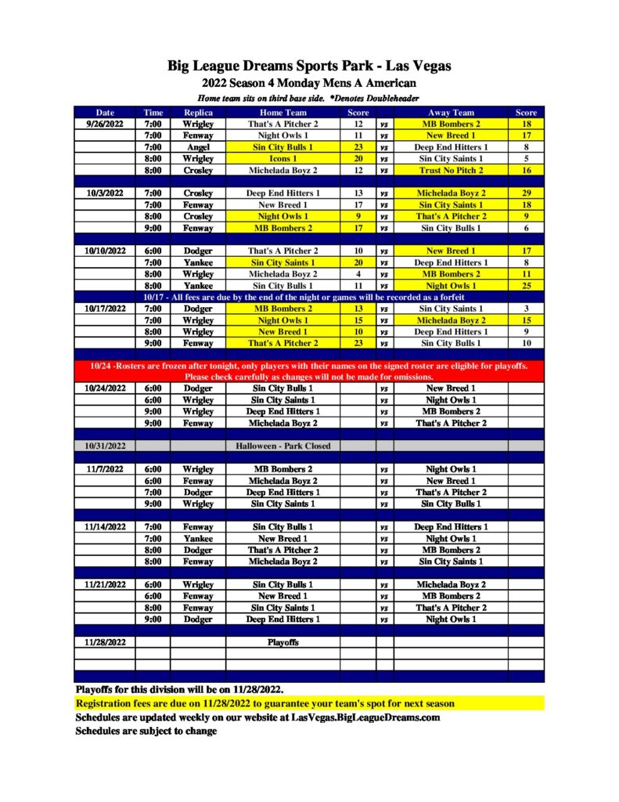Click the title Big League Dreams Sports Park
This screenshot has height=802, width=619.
click(309, 66)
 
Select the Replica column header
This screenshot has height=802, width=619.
click(198, 113)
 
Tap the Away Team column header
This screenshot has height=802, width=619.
click(452, 113)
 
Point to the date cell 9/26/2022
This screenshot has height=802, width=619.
click(106, 124)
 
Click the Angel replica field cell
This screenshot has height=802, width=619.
click(198, 146)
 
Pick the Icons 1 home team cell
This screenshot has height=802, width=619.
click(283, 158)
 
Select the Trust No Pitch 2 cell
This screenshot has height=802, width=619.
click(452, 170)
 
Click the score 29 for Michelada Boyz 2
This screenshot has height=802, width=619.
click(526, 193)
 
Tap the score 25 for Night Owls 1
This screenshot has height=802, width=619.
click(526, 286)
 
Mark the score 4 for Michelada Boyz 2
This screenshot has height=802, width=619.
click(358, 274)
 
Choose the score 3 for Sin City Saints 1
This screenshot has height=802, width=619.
click(526, 309)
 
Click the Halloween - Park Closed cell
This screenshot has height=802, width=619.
click(283, 446)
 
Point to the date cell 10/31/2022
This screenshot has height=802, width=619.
click(106, 446)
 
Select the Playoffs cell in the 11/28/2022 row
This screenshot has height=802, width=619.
click(283, 642)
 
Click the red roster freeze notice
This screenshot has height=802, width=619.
click(309, 370)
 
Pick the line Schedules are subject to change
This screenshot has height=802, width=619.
click(146, 731)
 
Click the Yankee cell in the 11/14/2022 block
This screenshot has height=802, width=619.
click(198, 539)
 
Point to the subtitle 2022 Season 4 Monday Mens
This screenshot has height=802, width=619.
click(309, 83)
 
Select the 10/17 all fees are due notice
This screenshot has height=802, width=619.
click(309, 297)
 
